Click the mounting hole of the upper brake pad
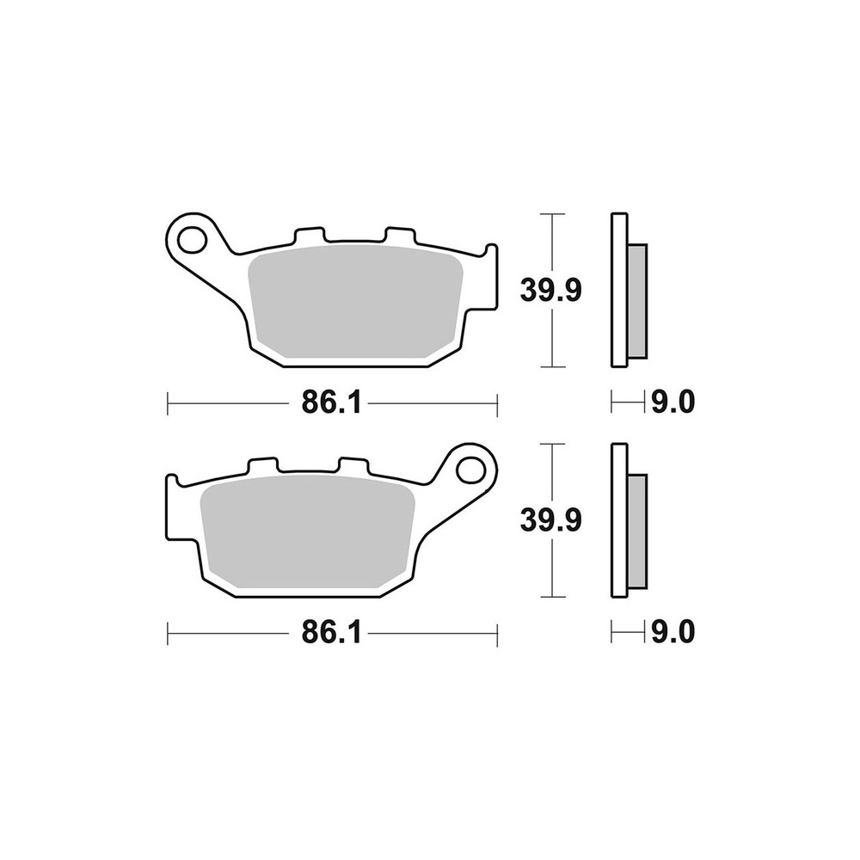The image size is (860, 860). click(x=192, y=239)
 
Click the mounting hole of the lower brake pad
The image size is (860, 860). click(x=470, y=470)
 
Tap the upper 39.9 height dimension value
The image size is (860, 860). click(x=550, y=291)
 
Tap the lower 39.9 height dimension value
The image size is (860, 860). click(x=550, y=521)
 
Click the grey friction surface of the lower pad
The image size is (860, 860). click(x=308, y=535)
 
